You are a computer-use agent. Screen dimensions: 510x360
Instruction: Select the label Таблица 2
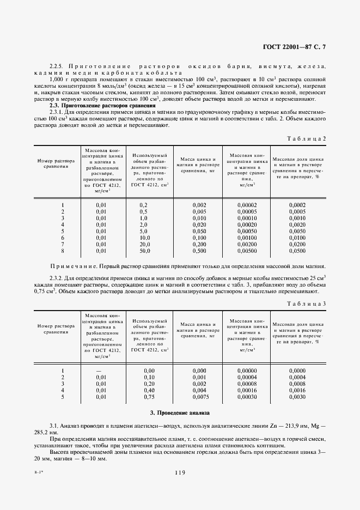pos(307,138)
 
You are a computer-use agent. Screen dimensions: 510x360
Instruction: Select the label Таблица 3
pos(307,303)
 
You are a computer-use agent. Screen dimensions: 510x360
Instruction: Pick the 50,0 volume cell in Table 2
pos(144,251)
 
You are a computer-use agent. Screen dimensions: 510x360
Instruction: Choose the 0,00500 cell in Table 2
pos(247,251)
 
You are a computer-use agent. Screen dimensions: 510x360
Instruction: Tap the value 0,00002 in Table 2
pos(247,204)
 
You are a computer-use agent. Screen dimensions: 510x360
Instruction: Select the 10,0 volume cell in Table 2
pos(144,238)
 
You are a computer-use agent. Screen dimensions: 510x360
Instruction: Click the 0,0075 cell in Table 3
pos(199,397)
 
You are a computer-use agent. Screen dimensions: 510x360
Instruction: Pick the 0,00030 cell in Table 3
pos(247,397)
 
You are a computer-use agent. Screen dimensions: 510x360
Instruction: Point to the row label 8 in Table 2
pos(63,251)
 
